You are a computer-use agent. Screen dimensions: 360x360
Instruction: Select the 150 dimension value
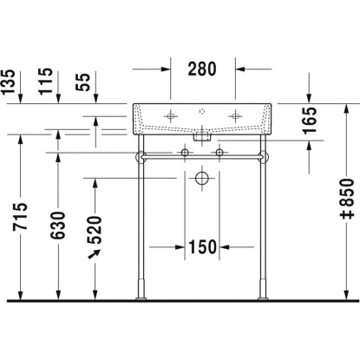[x=201, y=248]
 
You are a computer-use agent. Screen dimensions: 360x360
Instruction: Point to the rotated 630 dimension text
[x=59, y=223]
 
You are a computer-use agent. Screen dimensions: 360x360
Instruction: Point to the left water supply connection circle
[x=184, y=154]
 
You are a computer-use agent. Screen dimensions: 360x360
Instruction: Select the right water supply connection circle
[x=219, y=154]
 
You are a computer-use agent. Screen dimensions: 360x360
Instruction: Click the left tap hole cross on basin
[x=171, y=115]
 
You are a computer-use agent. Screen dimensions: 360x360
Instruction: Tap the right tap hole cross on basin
[x=232, y=115]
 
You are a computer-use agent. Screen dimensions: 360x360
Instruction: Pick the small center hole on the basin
[x=201, y=111]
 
